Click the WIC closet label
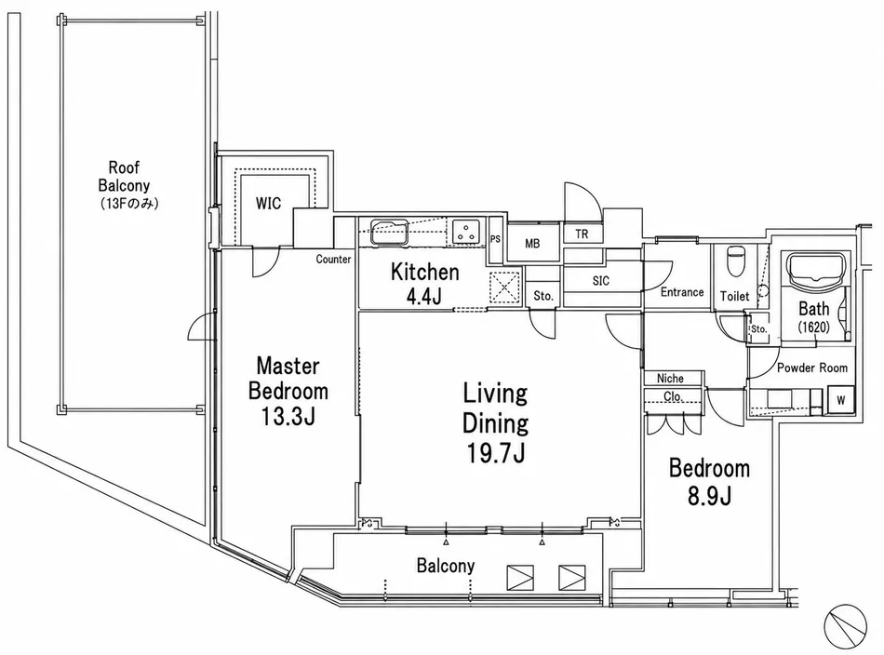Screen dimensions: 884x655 268,203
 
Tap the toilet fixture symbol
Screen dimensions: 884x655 735,261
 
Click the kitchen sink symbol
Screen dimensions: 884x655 389,232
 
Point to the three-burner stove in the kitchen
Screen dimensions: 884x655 465,232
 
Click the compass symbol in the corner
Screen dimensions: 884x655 845,625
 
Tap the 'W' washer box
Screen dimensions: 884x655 840,400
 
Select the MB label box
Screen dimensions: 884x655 533,244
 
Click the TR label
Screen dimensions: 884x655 582,234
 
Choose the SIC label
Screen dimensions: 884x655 601,281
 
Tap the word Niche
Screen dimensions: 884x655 670,379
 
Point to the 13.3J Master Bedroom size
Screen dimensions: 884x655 288,416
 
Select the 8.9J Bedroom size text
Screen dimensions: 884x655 709,496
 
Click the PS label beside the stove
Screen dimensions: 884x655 495,239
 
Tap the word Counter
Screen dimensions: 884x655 333,260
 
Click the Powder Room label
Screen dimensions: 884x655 812,368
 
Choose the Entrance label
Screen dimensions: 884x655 682,292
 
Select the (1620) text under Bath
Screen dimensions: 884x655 814,327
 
